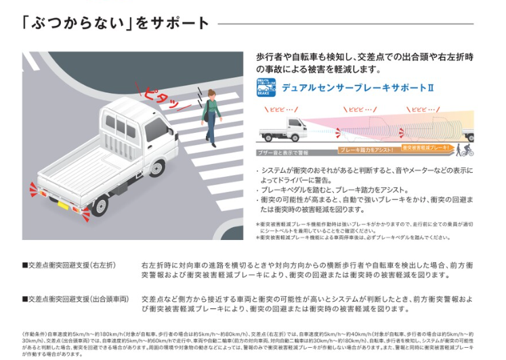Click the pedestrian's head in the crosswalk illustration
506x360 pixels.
point(211,94)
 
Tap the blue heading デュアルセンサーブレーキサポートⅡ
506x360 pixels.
point(357,88)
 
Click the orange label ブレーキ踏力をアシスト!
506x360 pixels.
point(366,150)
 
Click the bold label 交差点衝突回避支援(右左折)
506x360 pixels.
point(70,265)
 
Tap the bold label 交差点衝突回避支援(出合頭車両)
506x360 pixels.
point(75,298)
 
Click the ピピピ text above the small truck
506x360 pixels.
point(283,109)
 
